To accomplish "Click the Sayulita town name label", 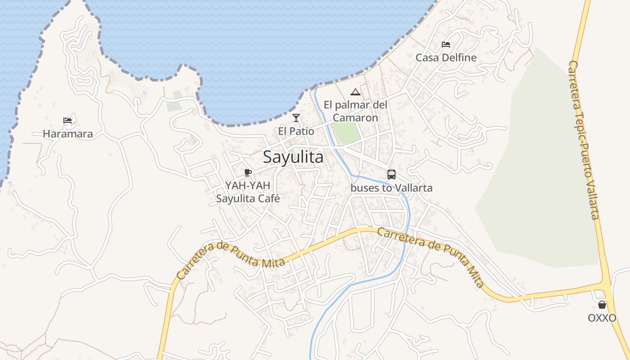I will [x=293, y=157].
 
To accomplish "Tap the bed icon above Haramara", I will [x=67, y=121].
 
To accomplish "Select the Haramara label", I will [x=68, y=134].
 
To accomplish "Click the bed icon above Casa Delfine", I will [x=446, y=45].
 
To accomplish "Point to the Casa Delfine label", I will [x=446, y=58].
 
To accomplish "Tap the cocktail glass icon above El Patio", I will [x=296, y=118].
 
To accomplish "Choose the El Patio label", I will [x=296, y=131].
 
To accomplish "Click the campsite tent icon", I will [x=355, y=92].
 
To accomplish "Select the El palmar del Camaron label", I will [x=355, y=111].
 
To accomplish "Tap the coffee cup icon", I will [x=247, y=172].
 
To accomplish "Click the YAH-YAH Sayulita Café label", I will [x=248, y=192].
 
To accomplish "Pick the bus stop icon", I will [x=391, y=175].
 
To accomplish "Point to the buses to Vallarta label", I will [x=391, y=188].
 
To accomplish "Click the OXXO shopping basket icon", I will [x=602, y=305].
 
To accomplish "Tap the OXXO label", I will [x=602, y=318].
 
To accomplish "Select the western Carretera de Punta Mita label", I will [x=231, y=259].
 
